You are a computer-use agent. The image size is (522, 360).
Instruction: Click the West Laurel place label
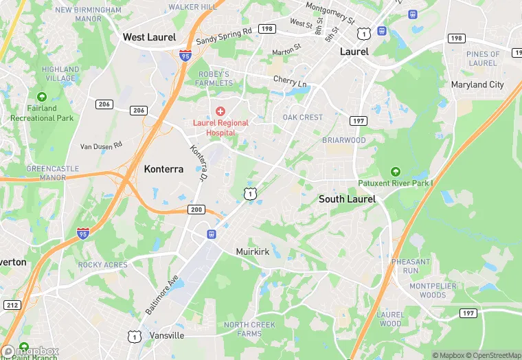[x=149, y=37]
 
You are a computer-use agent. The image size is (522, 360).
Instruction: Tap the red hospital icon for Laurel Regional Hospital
[x=220, y=111]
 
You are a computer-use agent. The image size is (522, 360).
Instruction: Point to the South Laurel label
[x=347, y=199]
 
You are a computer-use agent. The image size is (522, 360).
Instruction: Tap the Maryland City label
[x=477, y=85]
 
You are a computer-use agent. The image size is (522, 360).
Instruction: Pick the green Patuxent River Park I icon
[x=395, y=172]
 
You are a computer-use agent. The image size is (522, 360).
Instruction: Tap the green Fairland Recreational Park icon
[x=42, y=97]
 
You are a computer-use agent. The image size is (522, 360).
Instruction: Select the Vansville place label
[x=167, y=335]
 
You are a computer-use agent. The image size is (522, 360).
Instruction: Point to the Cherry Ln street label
[x=289, y=81]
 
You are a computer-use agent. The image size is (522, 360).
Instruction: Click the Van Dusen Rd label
[x=101, y=145]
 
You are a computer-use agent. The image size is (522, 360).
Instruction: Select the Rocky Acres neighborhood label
[x=102, y=265]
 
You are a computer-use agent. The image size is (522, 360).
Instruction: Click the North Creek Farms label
[x=249, y=329]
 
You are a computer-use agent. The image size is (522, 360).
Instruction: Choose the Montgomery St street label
[x=330, y=12]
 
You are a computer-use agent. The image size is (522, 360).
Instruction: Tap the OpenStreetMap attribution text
[x=492, y=355]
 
